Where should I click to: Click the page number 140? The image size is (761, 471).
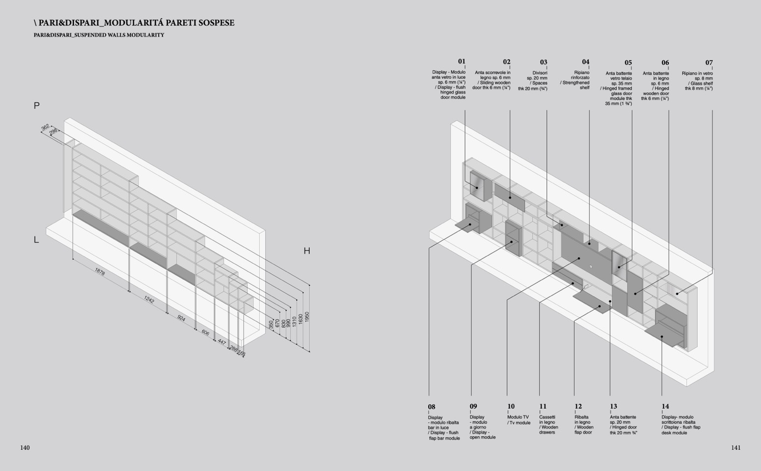25,447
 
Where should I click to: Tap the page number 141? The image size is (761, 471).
735,447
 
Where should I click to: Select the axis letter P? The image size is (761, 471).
36,106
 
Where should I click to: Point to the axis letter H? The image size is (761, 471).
307,251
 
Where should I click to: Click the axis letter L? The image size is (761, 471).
36,240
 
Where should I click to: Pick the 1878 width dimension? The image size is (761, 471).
100,272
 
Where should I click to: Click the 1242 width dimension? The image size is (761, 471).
149,299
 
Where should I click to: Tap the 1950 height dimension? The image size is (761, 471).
307,317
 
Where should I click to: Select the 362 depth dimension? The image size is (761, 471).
45,128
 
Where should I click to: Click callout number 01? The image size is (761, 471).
462,61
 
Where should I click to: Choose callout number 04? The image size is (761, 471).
585,62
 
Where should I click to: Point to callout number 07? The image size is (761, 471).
709,62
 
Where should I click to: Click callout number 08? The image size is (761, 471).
432,407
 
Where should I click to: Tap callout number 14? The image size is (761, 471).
665,406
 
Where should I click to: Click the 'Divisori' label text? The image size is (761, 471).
540,73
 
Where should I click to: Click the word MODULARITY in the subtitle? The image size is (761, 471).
147,35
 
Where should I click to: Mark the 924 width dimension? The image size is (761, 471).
181,318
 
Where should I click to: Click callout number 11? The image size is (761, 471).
543,406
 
